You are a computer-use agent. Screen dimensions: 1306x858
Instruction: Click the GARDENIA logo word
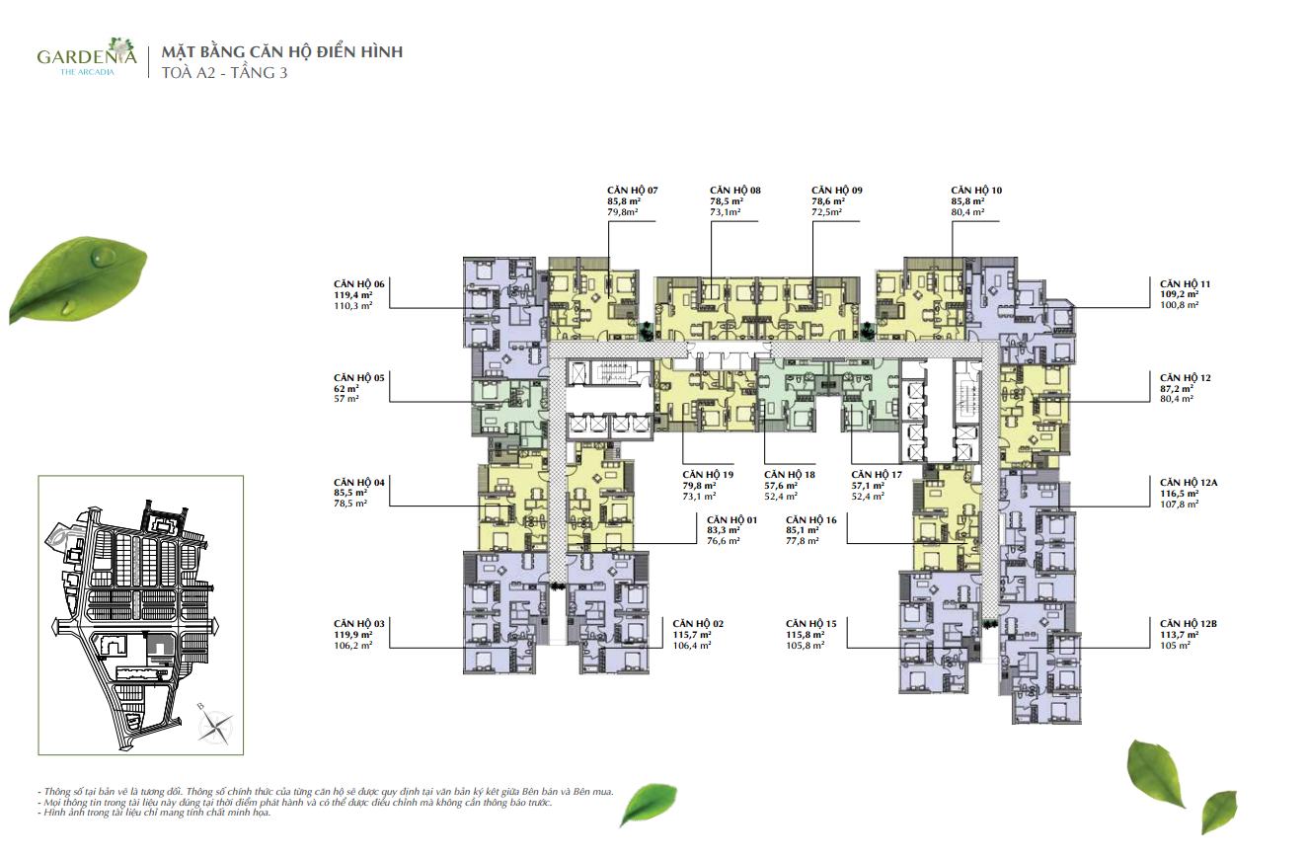(x=87, y=55)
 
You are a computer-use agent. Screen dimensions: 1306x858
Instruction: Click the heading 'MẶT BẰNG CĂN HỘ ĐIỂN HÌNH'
(x=282, y=52)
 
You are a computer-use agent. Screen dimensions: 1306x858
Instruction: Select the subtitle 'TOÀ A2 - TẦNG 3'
(x=224, y=73)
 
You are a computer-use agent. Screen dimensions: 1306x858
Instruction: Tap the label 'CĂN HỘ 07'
(x=632, y=191)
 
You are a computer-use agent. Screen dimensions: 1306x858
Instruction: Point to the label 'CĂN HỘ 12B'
(x=1189, y=624)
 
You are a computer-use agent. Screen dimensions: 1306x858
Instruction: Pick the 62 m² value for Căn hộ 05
(x=346, y=388)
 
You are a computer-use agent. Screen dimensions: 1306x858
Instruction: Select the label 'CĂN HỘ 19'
(x=708, y=475)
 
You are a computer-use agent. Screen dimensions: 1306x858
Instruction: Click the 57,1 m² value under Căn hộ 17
(x=868, y=486)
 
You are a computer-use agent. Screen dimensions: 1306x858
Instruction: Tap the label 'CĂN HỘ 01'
(x=731, y=519)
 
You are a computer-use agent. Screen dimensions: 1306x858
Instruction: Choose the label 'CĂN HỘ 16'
(x=811, y=519)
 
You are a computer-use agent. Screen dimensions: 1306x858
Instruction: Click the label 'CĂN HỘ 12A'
(x=1189, y=483)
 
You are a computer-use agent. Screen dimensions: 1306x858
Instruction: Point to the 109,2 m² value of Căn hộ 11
(x=1179, y=295)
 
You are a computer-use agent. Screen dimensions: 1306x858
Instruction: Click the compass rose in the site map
(x=216, y=727)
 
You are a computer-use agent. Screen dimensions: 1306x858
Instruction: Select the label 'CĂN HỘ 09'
(x=837, y=191)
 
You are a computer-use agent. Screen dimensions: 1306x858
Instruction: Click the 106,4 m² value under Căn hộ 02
(x=691, y=646)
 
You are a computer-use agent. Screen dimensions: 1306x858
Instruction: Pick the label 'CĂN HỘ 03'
(x=359, y=624)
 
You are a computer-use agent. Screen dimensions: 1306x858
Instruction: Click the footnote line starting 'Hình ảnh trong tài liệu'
(x=155, y=813)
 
